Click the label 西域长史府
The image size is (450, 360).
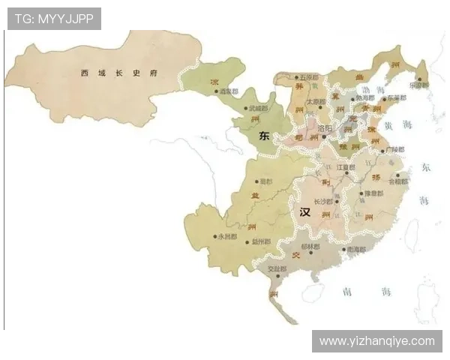pyautogui.click(x=120, y=73)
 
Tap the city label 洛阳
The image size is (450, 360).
pyautogui.click(x=325, y=129)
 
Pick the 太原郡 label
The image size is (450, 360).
pyautogui.click(x=315, y=101)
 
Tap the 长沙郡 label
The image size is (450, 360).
pyautogui.click(x=322, y=202)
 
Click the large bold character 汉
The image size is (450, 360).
pyautogui.click(x=304, y=212)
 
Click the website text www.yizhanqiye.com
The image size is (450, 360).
pyautogui.click(x=376, y=341)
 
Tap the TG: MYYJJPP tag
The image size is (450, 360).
pyautogui.click(x=53, y=19)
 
